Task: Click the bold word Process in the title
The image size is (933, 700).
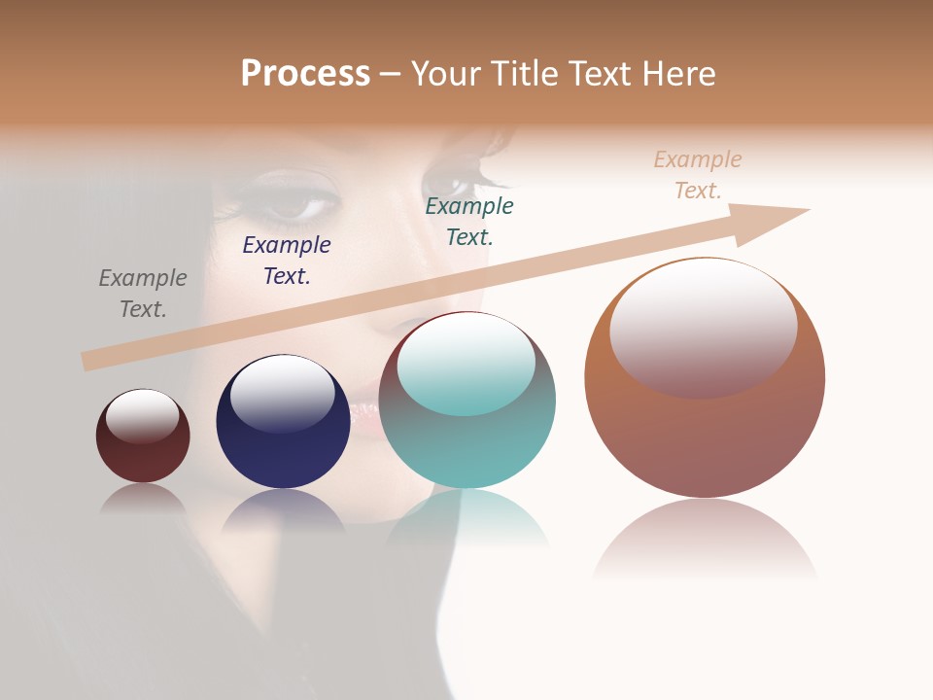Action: coord(305,74)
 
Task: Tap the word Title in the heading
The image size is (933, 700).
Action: coord(522,74)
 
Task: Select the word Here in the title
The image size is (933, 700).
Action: coord(678,74)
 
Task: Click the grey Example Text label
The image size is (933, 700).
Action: coord(143,294)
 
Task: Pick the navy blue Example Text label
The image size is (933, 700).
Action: coord(287,261)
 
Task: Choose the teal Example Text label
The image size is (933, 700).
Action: coord(469,222)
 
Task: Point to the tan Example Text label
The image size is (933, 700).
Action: coord(698,175)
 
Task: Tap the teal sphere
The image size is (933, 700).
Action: coord(467,447)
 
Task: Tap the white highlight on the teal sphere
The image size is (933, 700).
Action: coord(466,362)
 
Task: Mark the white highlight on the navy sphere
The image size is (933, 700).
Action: coord(282,392)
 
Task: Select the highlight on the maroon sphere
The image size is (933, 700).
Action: coord(142,416)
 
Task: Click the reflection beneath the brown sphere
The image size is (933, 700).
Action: coord(705,540)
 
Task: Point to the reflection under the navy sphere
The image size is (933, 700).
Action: coord(283,511)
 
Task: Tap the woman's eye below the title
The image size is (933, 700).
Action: coord(296,205)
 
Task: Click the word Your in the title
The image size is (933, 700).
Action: coord(442,74)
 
